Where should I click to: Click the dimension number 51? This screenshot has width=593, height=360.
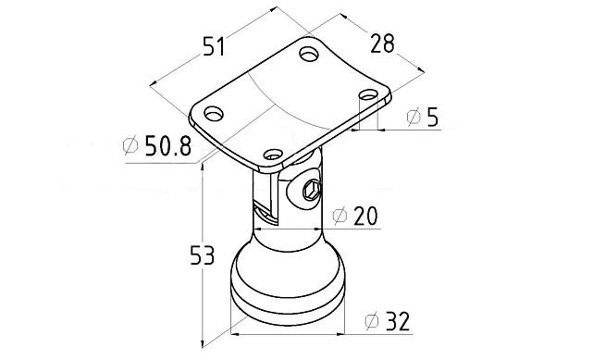click(214, 46)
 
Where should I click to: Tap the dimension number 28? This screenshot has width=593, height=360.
click(382, 43)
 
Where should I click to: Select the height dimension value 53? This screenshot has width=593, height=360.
click(203, 254)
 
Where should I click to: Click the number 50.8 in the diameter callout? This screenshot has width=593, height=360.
click(168, 145)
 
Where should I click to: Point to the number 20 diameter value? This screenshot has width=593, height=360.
click(365, 216)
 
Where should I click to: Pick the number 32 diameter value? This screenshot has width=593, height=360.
click(398, 321)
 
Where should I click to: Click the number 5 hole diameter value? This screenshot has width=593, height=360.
click(433, 117)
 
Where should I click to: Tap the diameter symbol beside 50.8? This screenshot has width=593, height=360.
click(130, 145)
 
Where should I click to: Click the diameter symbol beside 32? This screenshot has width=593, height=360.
click(372, 321)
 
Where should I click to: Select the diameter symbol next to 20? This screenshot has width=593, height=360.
click(340, 216)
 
